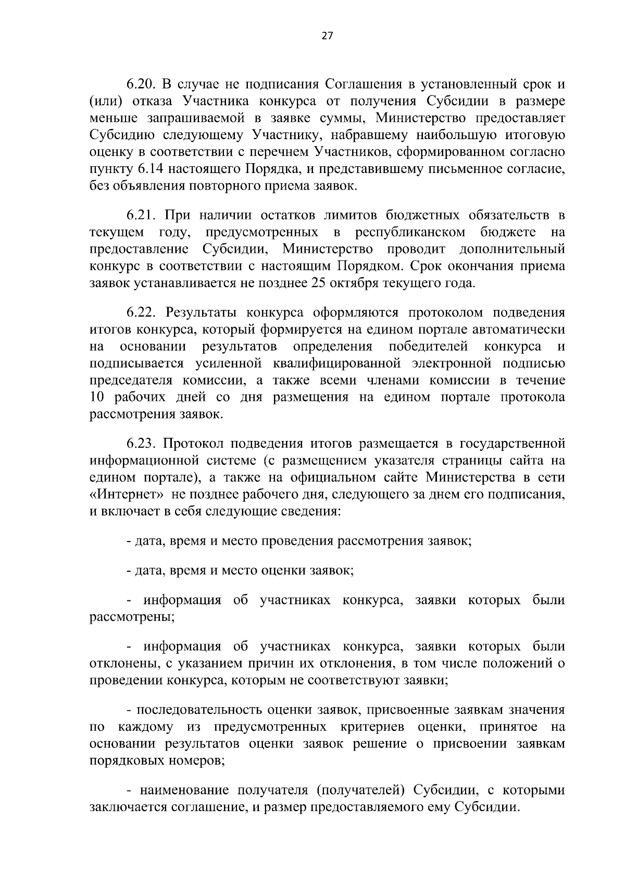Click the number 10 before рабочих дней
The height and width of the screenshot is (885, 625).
[x=98, y=398]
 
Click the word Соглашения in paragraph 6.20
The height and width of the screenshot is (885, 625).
[x=363, y=84]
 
